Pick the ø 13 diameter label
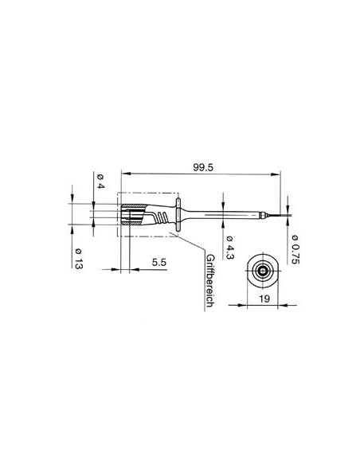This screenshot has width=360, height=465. click(77, 260)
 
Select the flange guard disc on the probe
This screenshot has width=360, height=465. click(185, 216)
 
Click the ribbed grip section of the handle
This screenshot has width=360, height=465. click(162, 216)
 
